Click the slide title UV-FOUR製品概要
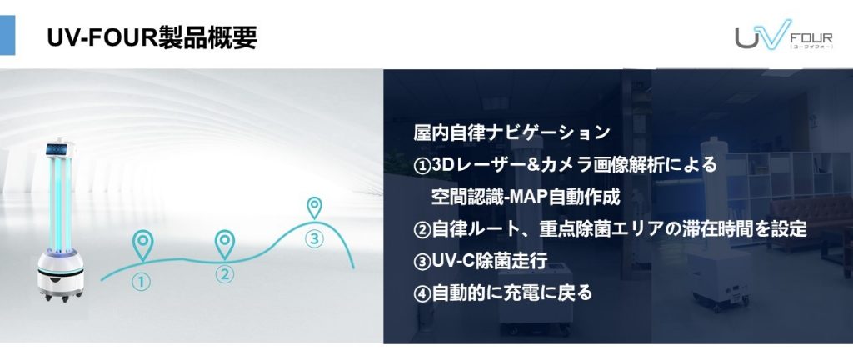(x=152, y=38)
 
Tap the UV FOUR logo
(x=783, y=35)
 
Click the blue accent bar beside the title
(x=7, y=35)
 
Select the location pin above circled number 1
(x=142, y=245)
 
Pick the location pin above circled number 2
(x=224, y=244)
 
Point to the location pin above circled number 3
(x=314, y=207)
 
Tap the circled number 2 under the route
(x=224, y=273)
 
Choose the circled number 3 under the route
(x=314, y=238)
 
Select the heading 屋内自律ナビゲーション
(x=511, y=132)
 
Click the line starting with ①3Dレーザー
(x=566, y=164)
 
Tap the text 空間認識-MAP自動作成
(x=526, y=197)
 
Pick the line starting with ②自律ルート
(x=610, y=228)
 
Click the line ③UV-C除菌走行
(x=481, y=261)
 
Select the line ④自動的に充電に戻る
(x=502, y=293)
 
